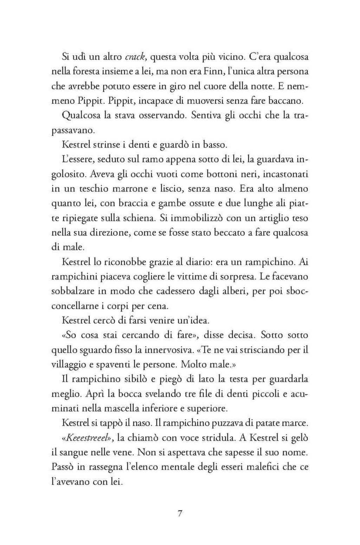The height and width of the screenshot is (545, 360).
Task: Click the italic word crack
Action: [135, 57]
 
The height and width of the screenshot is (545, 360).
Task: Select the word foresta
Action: [85, 71]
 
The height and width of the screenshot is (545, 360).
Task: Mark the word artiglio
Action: [270, 218]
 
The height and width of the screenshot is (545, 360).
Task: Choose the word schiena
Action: [140, 218]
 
